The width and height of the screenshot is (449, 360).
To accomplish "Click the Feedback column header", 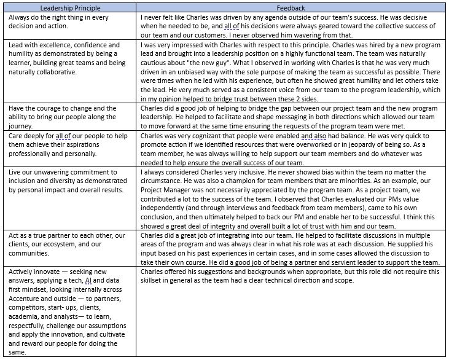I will (x=292, y=7).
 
